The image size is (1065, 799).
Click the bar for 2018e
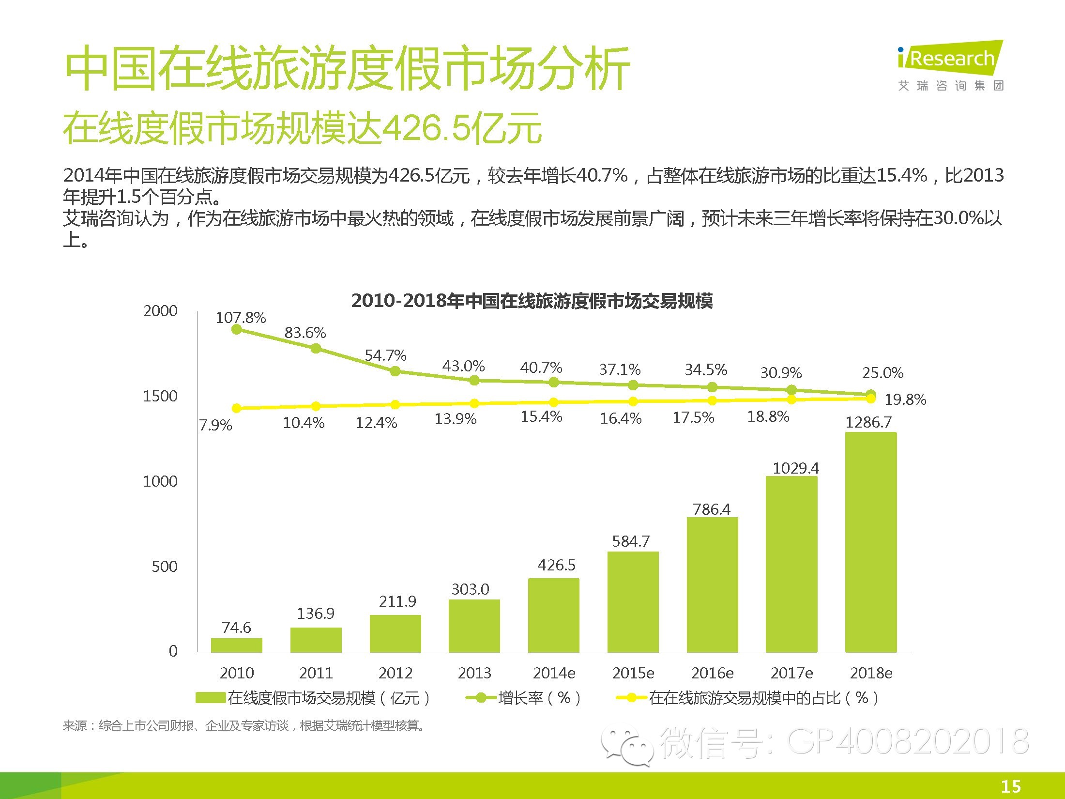coord(871,542)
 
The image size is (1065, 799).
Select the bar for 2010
coord(237,645)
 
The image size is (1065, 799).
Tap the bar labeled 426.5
coord(553,615)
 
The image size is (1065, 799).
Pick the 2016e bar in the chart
coord(712,584)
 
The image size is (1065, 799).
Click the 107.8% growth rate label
coord(241,318)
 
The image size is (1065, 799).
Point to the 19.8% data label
coord(905,399)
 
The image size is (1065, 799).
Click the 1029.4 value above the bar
coord(796,468)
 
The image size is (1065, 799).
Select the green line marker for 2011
coord(316,348)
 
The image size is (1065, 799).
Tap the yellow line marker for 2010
coord(237,408)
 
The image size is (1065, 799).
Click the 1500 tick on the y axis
coord(160,396)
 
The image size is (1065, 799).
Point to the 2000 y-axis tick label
coord(160,311)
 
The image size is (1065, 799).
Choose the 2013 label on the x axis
coord(474,673)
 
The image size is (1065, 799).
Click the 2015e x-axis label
coord(633,673)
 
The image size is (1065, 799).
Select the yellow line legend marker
coord(631,698)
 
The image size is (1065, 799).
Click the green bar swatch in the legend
coord(211,698)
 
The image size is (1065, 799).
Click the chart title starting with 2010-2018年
coord(532,301)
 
